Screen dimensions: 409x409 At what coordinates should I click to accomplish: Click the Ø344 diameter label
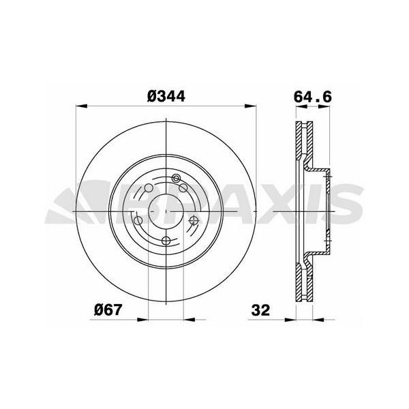pyautogui.click(x=167, y=97)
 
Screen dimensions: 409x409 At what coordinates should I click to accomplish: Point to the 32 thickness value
pyautogui.click(x=260, y=310)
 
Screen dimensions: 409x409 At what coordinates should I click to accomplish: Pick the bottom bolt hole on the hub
pyautogui.click(x=166, y=241)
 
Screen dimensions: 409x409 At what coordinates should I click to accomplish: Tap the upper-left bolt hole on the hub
pyautogui.click(x=149, y=189)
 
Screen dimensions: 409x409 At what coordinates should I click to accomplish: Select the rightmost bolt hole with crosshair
pyautogui.click(x=194, y=219)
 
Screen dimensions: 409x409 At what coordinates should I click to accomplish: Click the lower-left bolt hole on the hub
pyautogui.click(x=138, y=220)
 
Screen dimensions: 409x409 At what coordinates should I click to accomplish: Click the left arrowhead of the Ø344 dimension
pyautogui.click(x=81, y=107)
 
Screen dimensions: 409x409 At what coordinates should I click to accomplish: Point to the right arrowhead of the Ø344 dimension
pyautogui.click(x=252, y=107)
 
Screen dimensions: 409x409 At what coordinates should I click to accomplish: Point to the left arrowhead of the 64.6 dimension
pyautogui.click(x=294, y=107)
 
